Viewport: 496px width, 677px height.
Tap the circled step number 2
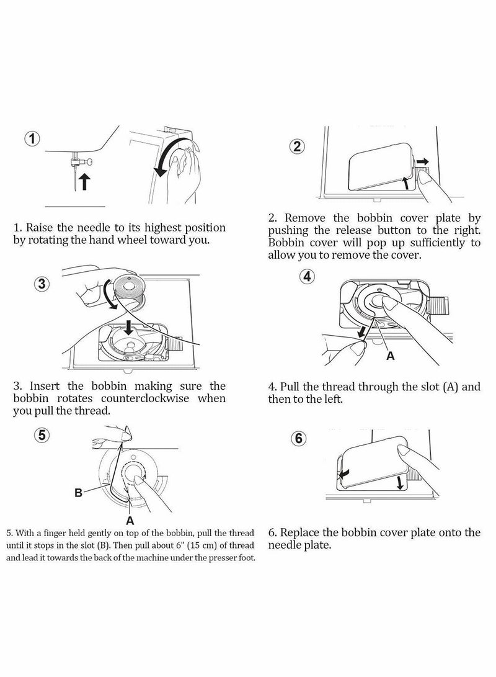(x=298, y=146)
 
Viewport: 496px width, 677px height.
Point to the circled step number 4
(x=306, y=276)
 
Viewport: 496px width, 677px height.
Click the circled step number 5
(x=41, y=435)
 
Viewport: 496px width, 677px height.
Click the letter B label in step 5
(x=78, y=493)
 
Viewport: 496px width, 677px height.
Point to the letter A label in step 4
(x=390, y=356)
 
